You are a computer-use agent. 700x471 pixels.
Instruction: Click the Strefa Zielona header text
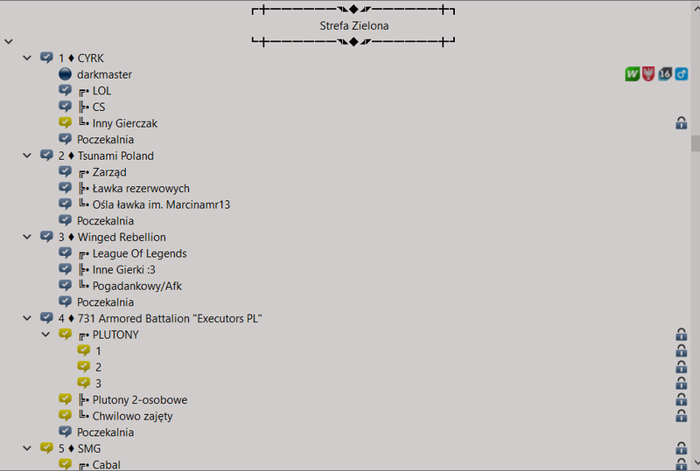354,26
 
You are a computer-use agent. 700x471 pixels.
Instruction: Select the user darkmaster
104,74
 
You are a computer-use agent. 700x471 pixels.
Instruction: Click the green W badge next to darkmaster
632,74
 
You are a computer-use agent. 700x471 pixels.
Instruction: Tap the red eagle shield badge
648,74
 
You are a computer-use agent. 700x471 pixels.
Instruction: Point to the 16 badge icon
665,74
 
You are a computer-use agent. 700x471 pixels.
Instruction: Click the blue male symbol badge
682,74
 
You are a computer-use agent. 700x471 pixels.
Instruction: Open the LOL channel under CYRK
101,91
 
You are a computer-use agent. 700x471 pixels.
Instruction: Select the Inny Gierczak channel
124,123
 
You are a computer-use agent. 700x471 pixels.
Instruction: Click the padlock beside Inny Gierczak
682,122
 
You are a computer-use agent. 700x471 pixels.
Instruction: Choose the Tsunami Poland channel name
115,156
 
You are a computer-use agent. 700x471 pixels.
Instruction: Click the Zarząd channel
109,173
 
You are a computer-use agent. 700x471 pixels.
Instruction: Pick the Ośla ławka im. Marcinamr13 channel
161,204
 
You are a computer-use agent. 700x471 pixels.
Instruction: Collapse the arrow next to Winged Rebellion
27,237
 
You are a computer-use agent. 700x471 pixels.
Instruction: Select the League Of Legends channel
139,253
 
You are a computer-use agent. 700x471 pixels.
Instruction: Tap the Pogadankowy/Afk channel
137,287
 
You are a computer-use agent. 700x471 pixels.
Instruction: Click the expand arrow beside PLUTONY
45,335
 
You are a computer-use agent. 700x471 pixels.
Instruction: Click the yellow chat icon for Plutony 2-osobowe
65,399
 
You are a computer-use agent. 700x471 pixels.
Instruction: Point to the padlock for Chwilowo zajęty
682,416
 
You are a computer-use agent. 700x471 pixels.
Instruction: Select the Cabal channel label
106,465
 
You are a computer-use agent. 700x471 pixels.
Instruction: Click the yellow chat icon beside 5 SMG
46,447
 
